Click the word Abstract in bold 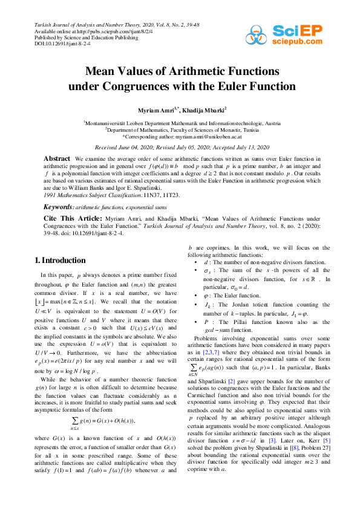tap(57, 158)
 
